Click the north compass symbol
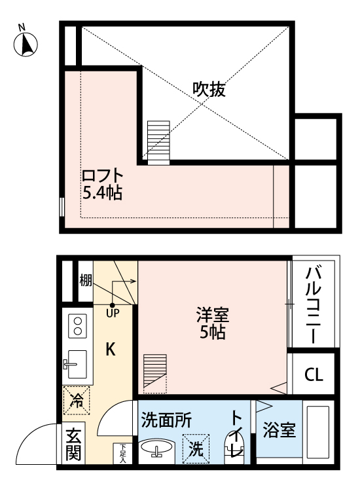point(25,42)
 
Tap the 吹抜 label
point(209,90)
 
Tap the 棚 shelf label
point(85,281)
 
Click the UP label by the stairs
point(112,313)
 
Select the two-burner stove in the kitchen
point(78,326)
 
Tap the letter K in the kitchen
point(111,350)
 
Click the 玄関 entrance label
point(73,445)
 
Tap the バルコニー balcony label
point(312,304)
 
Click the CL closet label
point(314,375)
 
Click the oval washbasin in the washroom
point(158,448)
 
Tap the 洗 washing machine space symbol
point(196,449)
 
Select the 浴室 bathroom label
point(279,430)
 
